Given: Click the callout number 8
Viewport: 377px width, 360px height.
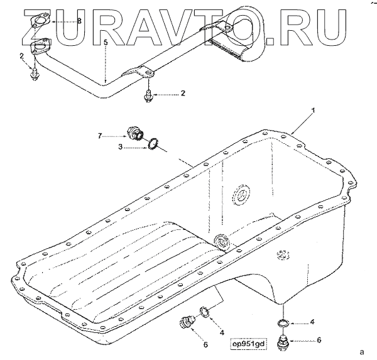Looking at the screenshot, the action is [x=79, y=21].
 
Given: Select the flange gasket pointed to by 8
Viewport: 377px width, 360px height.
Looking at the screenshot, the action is [x=40, y=21].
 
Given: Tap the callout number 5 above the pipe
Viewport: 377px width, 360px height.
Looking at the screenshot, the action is [x=106, y=43].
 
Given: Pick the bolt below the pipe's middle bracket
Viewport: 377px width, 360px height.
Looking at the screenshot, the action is [x=148, y=95].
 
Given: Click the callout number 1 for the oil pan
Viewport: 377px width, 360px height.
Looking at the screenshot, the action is [x=314, y=111].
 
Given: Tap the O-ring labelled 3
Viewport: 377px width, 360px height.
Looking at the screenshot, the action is [x=153, y=144].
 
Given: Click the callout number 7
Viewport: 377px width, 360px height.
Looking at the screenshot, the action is [x=101, y=136].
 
